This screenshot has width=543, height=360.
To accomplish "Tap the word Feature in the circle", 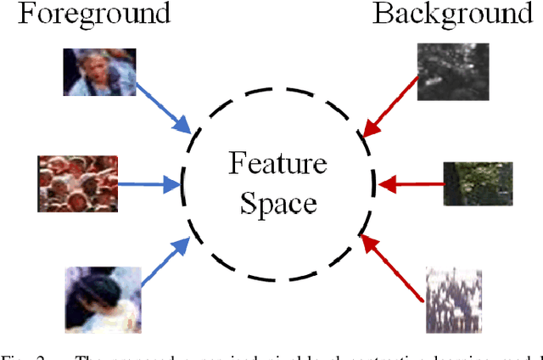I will tap(277, 163).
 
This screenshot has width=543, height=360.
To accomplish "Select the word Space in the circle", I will tap(277, 203).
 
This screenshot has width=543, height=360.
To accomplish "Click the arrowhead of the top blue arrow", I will tap(187, 126).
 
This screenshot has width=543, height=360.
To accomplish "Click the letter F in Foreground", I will tap(11, 14).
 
